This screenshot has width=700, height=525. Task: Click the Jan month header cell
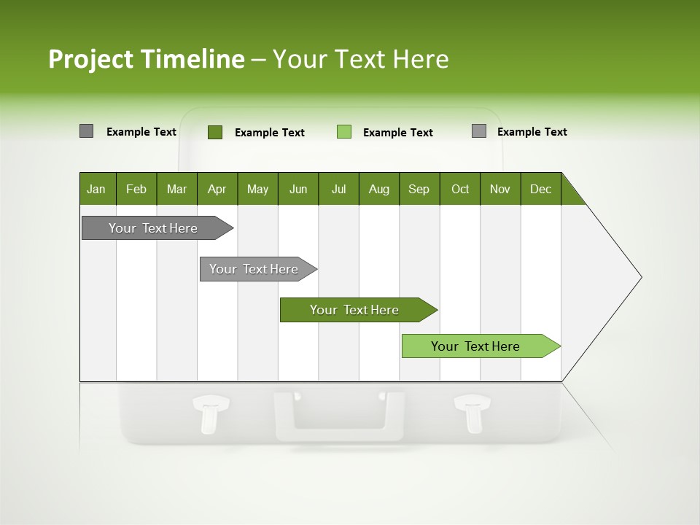(x=97, y=189)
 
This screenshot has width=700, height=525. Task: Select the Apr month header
(x=217, y=189)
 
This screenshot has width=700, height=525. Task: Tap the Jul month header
(x=338, y=189)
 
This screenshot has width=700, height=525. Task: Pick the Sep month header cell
(x=419, y=189)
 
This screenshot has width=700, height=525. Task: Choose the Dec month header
(x=540, y=189)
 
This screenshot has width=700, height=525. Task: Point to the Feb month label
(x=136, y=189)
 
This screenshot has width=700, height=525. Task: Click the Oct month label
(x=460, y=189)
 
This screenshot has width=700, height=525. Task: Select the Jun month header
(x=298, y=189)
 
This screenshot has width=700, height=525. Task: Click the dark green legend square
(x=215, y=132)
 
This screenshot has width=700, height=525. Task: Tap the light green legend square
(x=344, y=132)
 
